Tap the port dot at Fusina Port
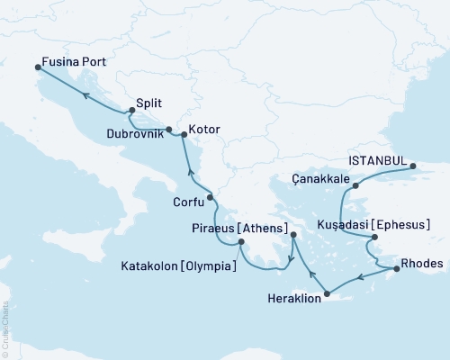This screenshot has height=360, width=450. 38,66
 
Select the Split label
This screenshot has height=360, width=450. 150,103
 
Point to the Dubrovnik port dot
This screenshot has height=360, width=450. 169,129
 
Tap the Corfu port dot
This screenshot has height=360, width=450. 210,197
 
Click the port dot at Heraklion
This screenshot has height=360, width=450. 328,293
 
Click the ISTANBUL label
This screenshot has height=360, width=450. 374,163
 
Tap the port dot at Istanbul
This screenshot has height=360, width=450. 413,166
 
